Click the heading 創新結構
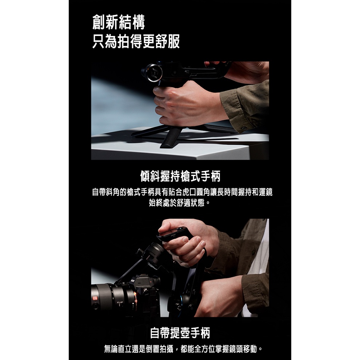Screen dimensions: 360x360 coord(119,22)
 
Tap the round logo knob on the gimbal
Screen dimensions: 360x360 coord(152,73)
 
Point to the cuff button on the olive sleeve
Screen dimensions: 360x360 coord(244,128)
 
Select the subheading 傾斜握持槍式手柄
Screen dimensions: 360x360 coord(180,176)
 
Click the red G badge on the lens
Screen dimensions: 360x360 coord(95,298)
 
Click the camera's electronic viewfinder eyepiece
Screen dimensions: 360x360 coord(156,281)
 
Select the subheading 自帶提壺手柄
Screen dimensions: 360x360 coord(180,333)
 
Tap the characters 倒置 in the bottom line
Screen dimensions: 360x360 coord(152,349)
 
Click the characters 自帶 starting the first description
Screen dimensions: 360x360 coord(99,192)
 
